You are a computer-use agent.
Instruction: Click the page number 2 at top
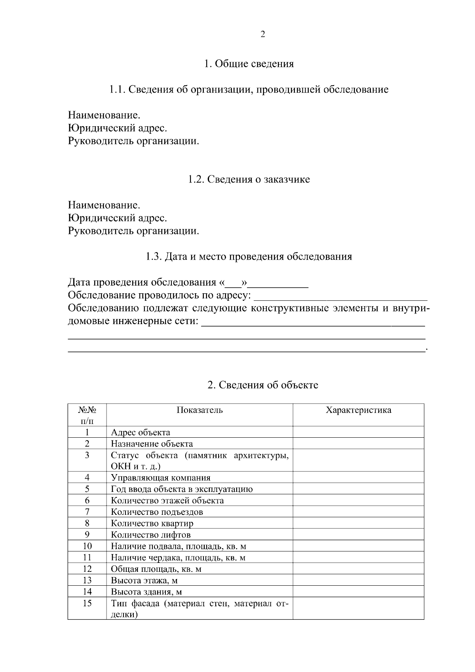(262, 34)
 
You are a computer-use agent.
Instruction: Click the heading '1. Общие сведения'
(249, 64)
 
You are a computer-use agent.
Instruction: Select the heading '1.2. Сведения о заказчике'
(249, 179)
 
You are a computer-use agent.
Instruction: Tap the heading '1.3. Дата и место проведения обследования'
(249, 256)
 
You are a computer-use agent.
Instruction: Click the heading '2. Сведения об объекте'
(263, 385)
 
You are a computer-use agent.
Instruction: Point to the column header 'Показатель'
(199, 410)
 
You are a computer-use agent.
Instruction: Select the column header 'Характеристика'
(358, 410)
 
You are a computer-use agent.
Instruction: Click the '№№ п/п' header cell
(87, 415)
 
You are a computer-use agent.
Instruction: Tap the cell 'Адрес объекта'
(141, 433)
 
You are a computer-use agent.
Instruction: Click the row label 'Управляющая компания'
(161, 478)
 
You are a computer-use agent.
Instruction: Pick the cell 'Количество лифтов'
(151, 535)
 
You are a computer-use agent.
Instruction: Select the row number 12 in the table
(87, 569)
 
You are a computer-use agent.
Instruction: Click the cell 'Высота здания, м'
(146, 592)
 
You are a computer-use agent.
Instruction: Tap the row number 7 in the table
(87, 512)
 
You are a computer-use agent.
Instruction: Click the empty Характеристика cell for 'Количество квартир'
(358, 524)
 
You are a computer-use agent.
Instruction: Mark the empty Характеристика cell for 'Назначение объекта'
(358, 444)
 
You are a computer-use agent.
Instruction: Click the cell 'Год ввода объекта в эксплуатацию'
(182, 489)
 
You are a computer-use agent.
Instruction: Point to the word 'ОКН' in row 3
(118, 467)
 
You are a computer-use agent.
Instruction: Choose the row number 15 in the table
(87, 604)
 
